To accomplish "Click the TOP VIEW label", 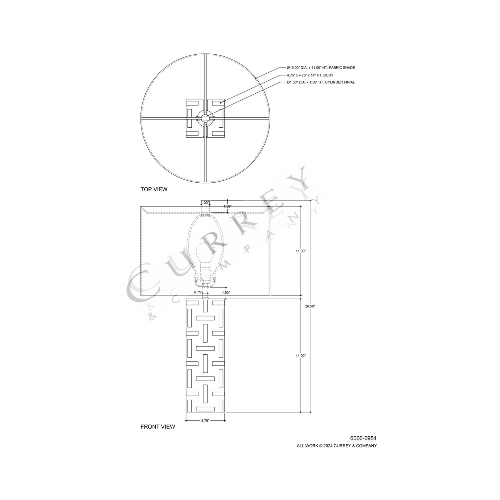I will point(154,189).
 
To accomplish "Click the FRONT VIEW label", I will point(157,427).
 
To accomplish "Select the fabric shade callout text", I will point(321,68).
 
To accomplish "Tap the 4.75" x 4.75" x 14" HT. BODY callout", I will point(310,75).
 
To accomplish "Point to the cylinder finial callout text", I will point(320,82).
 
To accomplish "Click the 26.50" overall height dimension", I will point(310,306).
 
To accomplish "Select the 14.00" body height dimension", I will point(300,356).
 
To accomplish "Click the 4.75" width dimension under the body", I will point(205,421).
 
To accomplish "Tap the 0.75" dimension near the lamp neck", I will point(198,292).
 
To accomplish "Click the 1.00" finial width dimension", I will point(205,203).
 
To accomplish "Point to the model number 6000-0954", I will point(363,438).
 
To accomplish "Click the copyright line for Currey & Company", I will point(336,446).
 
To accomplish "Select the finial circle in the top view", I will point(205,118).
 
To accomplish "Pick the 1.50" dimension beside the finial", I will point(227,206).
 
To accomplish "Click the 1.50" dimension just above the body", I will point(226,292).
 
